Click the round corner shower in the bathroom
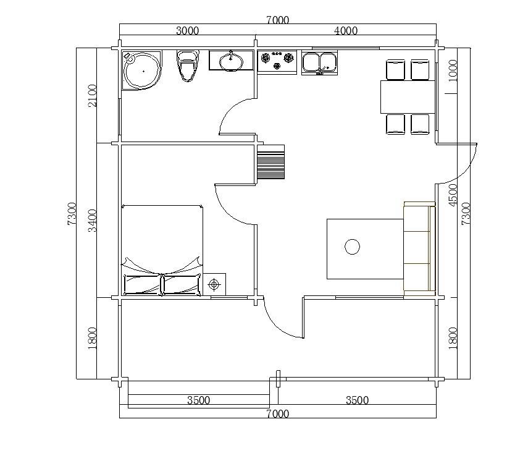[x=142, y=70]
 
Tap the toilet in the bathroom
[x=188, y=66]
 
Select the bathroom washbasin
[x=231, y=61]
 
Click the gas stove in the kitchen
[x=277, y=62]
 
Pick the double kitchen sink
[x=319, y=62]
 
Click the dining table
[x=408, y=97]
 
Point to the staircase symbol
[x=270, y=162]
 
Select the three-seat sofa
[x=419, y=248]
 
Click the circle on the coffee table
[x=352, y=247]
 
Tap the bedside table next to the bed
[x=214, y=284]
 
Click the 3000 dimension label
[x=188, y=31]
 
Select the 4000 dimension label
[x=346, y=31]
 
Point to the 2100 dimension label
[x=92, y=96]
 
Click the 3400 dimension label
[x=92, y=221]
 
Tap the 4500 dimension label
[x=453, y=195]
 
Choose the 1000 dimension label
[x=453, y=70]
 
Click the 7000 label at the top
[x=278, y=20]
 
